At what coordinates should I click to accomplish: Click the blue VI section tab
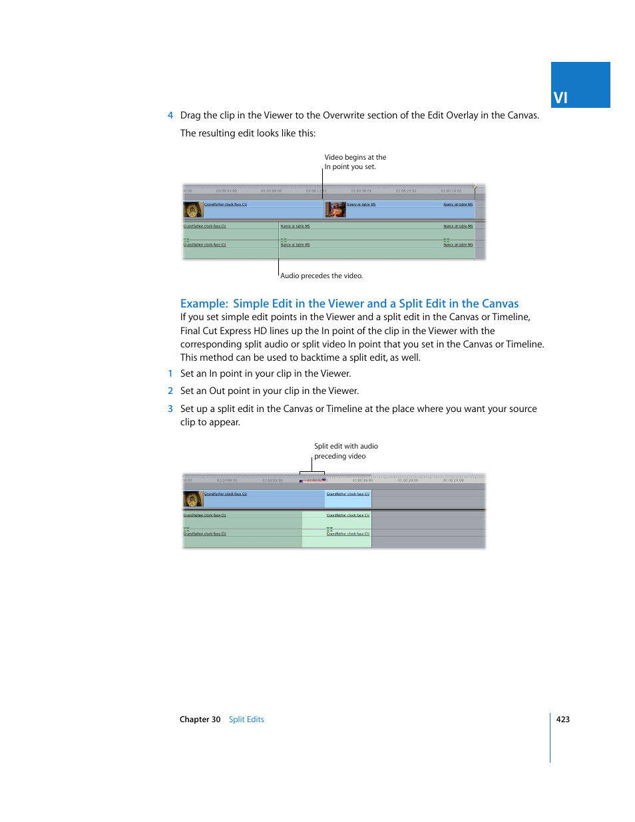pos(580,85)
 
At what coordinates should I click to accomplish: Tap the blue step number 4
pos(170,116)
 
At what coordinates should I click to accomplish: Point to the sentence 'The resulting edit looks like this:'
pos(248,133)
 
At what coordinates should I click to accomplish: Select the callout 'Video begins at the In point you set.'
pos(355,162)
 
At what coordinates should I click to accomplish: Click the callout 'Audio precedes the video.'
pos(321,276)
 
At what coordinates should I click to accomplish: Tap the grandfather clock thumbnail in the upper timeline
pos(193,210)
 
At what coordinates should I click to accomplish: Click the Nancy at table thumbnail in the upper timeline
pos(335,210)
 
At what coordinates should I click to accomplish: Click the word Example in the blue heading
pos(204,304)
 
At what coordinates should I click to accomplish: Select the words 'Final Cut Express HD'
pos(223,331)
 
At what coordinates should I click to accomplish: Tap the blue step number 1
pos(170,374)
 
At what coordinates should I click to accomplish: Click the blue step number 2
pos(170,391)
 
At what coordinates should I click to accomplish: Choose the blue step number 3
pos(170,409)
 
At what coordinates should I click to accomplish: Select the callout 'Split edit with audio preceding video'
pos(345,451)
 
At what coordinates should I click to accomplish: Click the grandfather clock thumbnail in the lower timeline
pos(193,499)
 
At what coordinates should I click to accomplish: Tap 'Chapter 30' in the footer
pos(200,719)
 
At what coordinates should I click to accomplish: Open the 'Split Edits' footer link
pos(246,719)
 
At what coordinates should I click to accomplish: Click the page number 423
pos(562,719)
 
